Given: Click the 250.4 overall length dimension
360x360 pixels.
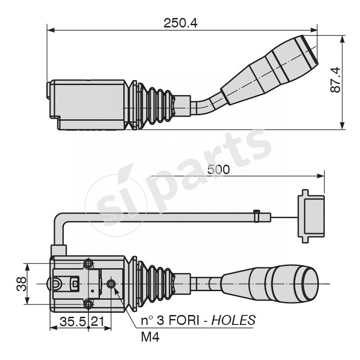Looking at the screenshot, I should (180, 23).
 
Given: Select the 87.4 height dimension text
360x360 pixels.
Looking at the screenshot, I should (336, 80).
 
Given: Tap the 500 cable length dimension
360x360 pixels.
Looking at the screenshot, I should (219, 170).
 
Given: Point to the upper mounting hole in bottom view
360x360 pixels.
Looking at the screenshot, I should (89, 263).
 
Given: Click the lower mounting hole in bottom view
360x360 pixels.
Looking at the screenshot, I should (89, 304).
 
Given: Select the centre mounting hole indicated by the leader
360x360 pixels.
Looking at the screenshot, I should (111, 283).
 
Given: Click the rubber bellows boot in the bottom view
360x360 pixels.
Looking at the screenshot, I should (155, 284).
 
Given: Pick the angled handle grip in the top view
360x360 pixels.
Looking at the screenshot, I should (270, 70).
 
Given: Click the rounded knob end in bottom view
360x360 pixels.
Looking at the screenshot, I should (306, 283).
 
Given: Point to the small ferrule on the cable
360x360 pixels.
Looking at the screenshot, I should (257, 216).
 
